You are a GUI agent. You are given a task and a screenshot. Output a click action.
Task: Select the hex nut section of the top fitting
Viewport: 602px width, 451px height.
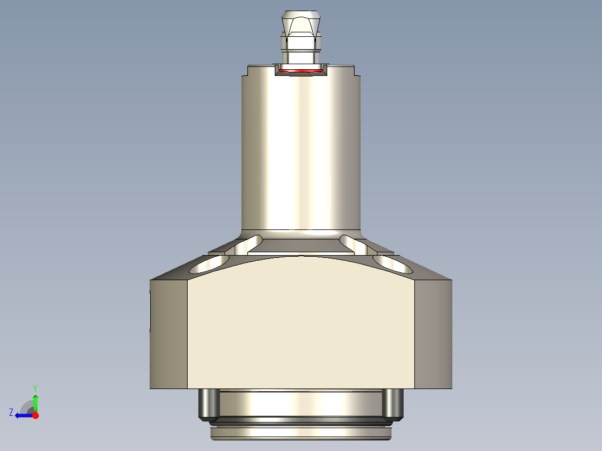(x=301, y=41)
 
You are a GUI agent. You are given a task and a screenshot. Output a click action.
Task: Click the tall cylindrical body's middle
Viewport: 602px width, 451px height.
(x=301, y=151)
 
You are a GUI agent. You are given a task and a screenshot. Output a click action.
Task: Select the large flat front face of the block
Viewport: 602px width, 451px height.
(x=301, y=329)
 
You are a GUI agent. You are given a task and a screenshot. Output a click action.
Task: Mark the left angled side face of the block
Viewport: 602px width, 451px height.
(x=168, y=334)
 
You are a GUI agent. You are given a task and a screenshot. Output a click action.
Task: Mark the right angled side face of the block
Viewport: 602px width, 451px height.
(x=433, y=334)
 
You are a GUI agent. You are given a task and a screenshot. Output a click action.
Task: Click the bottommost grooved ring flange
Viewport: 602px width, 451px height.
(x=301, y=433)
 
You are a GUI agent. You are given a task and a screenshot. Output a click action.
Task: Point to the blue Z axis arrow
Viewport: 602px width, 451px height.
(x=22, y=415)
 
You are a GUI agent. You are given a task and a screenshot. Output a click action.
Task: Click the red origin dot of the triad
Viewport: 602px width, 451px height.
(x=35, y=415)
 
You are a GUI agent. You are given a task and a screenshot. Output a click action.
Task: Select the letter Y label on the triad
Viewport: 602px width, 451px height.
(x=35, y=387)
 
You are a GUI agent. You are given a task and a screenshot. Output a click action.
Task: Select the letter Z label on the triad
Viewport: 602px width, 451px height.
(x=11, y=412)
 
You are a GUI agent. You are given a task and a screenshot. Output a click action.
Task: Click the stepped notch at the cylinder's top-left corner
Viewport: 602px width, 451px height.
(x=247, y=71)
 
